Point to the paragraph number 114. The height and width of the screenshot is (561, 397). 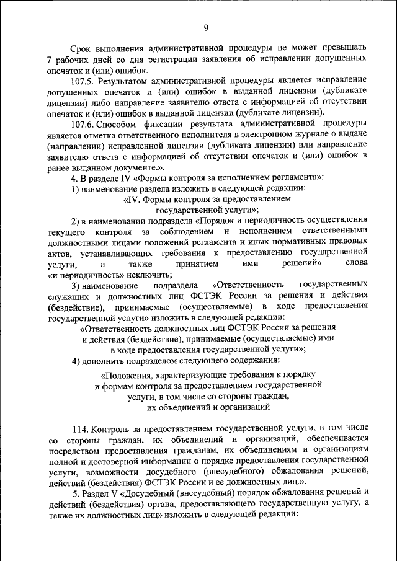(x=80, y=428)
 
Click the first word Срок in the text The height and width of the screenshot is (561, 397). (x=81, y=47)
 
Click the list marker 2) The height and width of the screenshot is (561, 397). (x=75, y=221)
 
